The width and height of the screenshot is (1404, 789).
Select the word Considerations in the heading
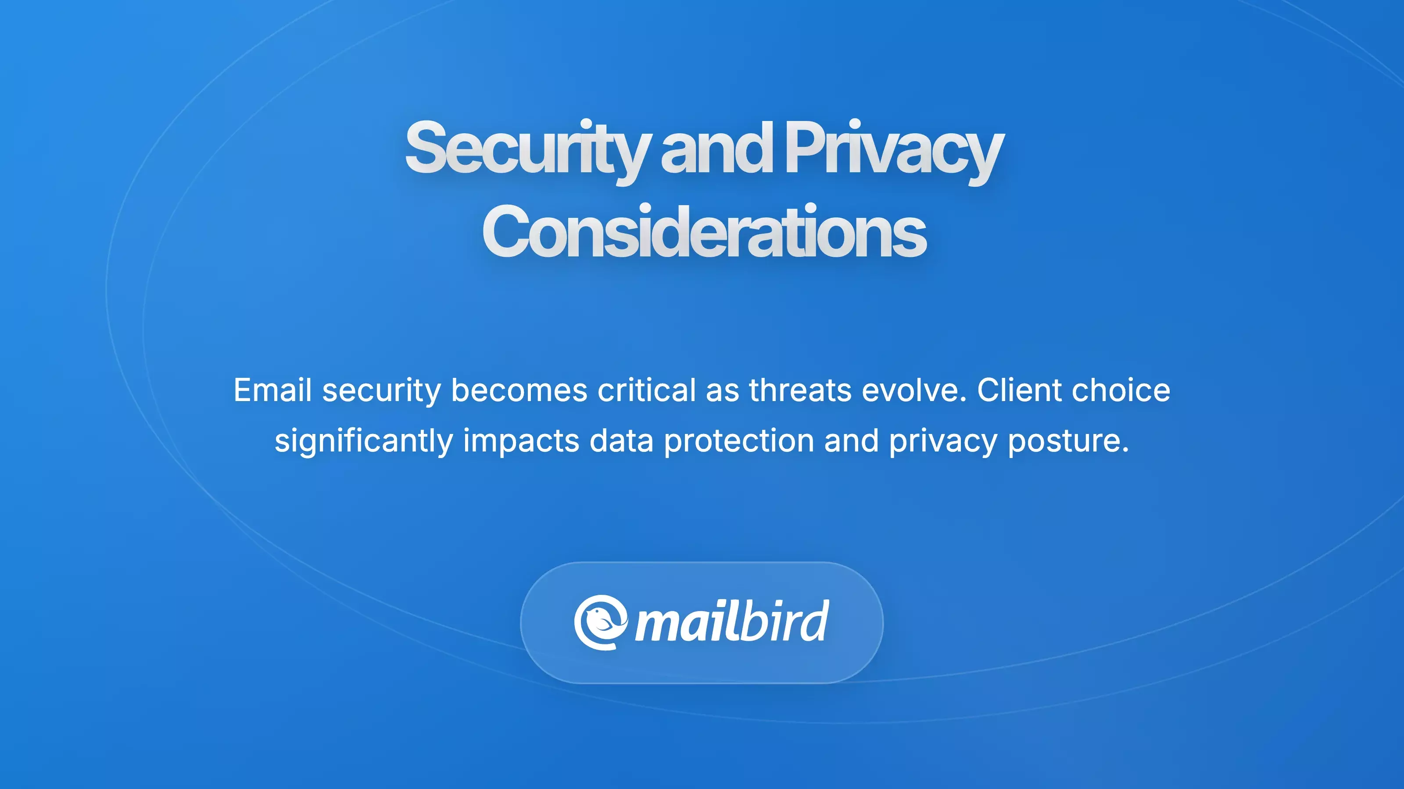tap(704, 232)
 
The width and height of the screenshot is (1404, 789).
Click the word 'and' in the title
tap(717, 148)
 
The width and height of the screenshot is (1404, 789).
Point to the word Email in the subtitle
tap(272, 391)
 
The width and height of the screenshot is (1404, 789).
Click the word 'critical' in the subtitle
tap(646, 391)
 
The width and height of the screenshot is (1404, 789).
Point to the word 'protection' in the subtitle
tap(738, 441)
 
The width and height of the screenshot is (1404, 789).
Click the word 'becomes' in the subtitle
tap(519, 391)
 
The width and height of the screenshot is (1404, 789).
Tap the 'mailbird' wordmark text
tap(732, 622)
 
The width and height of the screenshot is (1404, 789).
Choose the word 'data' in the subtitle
tap(621, 441)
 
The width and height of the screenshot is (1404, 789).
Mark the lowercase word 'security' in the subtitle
tap(381, 391)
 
